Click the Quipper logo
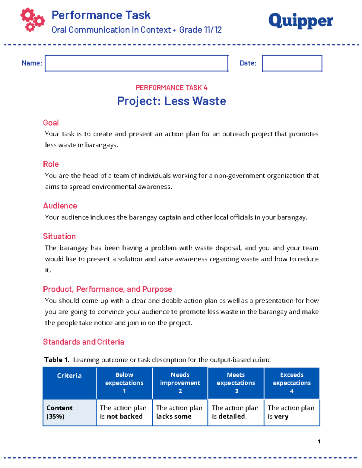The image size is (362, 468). click(300, 21)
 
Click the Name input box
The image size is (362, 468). click(136, 63)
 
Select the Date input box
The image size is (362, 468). click(292, 63)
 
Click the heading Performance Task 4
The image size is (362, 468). click(171, 88)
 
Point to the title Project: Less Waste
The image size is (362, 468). click(171, 101)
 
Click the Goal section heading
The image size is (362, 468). click(51, 123)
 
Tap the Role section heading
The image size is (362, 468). click(51, 164)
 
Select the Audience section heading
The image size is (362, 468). click(60, 206)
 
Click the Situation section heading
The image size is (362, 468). click(59, 236)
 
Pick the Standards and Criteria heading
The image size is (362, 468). click(84, 342)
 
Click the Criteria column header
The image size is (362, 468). click(69, 375)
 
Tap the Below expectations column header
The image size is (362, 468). click(124, 383)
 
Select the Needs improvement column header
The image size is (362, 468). click(180, 383)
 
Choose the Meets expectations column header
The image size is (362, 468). click(236, 383)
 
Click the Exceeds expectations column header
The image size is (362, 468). click(292, 383)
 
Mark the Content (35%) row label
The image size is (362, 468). click(59, 412)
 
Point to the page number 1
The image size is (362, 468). click(319, 441)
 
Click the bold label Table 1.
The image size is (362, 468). click(57, 360)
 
